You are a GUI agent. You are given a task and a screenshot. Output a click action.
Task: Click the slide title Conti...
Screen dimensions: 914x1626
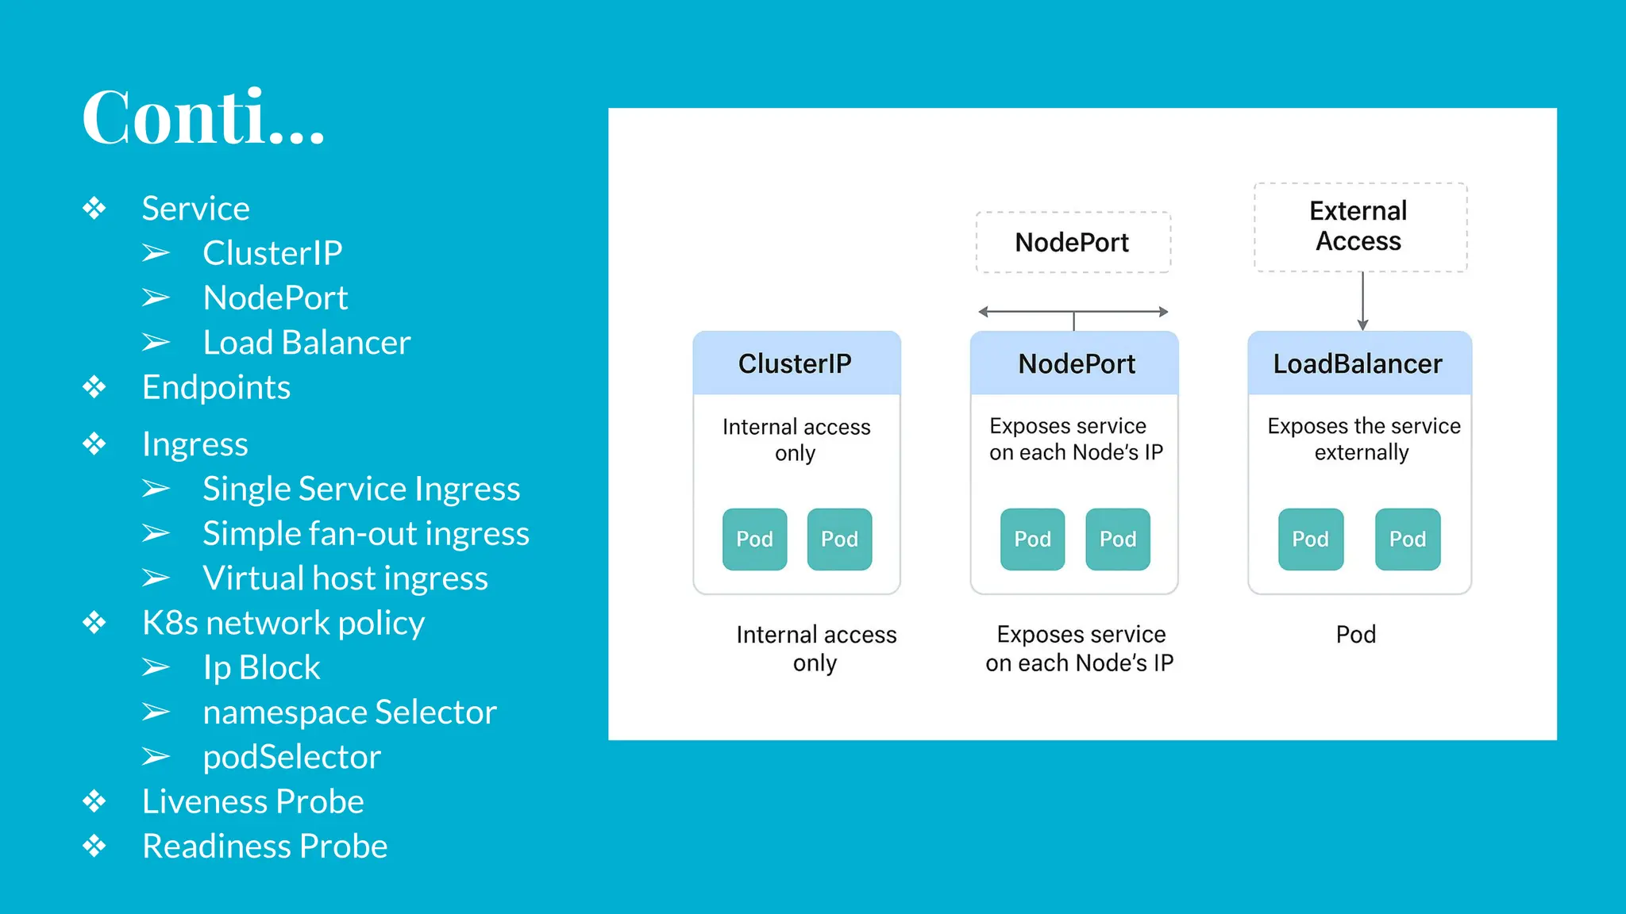(x=203, y=117)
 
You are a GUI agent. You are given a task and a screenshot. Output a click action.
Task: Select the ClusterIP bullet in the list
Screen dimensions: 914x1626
(x=272, y=253)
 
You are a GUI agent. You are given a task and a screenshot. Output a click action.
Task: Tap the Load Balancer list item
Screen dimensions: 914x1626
(x=306, y=343)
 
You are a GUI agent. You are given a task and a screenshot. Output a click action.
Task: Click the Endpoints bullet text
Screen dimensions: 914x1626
(x=216, y=387)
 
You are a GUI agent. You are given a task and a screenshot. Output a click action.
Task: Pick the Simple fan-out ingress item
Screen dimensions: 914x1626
(x=365, y=533)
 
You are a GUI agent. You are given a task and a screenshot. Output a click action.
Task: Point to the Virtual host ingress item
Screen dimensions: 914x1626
(x=345, y=578)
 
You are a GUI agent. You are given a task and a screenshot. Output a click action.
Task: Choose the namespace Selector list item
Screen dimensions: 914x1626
(x=349, y=712)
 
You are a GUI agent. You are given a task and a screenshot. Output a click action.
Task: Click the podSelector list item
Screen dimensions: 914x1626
(x=291, y=757)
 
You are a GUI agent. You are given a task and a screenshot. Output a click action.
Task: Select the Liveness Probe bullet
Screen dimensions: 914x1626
(x=252, y=801)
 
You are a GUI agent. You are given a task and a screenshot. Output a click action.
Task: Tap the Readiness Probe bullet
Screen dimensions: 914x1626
(x=264, y=847)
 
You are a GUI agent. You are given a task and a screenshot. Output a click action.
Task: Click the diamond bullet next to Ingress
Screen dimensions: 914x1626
(x=94, y=444)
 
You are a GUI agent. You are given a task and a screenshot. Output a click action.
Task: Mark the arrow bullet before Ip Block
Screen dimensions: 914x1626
(x=156, y=668)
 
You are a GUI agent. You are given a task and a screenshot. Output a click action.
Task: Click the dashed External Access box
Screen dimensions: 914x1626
(x=1359, y=227)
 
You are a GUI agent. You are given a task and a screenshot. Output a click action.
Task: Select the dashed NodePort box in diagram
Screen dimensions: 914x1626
(x=1073, y=242)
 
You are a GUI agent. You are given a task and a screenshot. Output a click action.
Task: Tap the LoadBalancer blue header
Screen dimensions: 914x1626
(x=1358, y=363)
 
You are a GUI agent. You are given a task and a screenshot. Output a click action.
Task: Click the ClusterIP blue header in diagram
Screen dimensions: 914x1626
(x=796, y=363)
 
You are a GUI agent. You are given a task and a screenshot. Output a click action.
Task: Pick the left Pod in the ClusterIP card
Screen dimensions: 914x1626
(x=754, y=540)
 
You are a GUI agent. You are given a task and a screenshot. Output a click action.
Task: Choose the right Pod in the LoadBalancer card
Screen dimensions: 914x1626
(x=1407, y=540)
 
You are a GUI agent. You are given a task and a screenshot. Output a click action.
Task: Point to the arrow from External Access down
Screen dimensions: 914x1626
(x=1362, y=301)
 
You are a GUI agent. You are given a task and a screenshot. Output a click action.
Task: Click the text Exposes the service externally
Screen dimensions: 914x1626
(x=1362, y=439)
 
